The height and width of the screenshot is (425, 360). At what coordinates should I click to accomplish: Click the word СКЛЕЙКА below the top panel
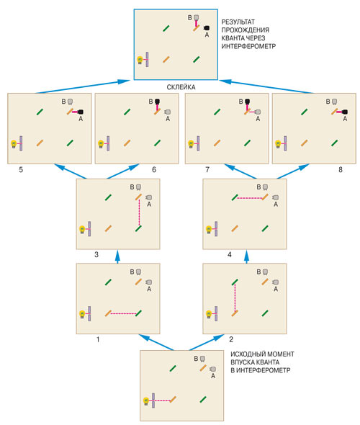pyautogui.click(x=181, y=87)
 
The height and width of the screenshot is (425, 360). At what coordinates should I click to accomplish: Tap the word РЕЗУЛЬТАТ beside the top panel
pyautogui.click(x=238, y=22)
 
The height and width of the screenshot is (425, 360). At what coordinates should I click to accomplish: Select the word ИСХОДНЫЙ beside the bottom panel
pyautogui.click(x=246, y=354)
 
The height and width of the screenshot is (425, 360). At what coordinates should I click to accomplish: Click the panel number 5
pyautogui.click(x=21, y=170)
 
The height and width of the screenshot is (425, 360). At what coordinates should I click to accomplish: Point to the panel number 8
pyautogui.click(x=341, y=170)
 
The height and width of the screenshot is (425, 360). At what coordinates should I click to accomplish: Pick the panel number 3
pyautogui.click(x=96, y=254)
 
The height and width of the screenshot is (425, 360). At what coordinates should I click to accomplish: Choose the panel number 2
pyautogui.click(x=231, y=339)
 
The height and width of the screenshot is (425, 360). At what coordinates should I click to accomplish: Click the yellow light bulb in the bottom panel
pyautogui.click(x=146, y=401)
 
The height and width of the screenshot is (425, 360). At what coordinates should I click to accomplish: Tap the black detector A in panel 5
pyautogui.click(x=81, y=112)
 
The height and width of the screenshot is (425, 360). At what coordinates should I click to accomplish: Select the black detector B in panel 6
pyautogui.click(x=157, y=102)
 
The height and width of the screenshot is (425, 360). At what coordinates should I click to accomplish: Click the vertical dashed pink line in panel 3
pyautogui.click(x=139, y=212)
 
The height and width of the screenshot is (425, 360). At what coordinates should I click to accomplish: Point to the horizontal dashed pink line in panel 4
pyautogui.click(x=250, y=198)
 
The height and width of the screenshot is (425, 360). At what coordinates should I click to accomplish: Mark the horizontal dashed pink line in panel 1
pyautogui.click(x=124, y=314)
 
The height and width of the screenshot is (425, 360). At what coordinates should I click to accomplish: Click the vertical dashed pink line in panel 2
pyautogui.click(x=235, y=298)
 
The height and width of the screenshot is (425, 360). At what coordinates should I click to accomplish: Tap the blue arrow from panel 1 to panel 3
pyautogui.click(x=117, y=256)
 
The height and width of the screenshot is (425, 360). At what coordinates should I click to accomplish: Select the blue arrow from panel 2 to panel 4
pyautogui.click(x=246, y=256)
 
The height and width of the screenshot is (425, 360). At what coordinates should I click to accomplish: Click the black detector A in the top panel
pyautogui.click(x=207, y=28)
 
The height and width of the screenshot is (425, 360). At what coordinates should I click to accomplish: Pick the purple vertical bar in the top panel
pyautogui.click(x=147, y=59)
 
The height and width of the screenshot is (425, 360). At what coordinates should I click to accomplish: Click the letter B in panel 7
pyautogui.click(x=240, y=102)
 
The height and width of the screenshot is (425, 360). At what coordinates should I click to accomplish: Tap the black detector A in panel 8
pyautogui.click(x=345, y=112)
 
